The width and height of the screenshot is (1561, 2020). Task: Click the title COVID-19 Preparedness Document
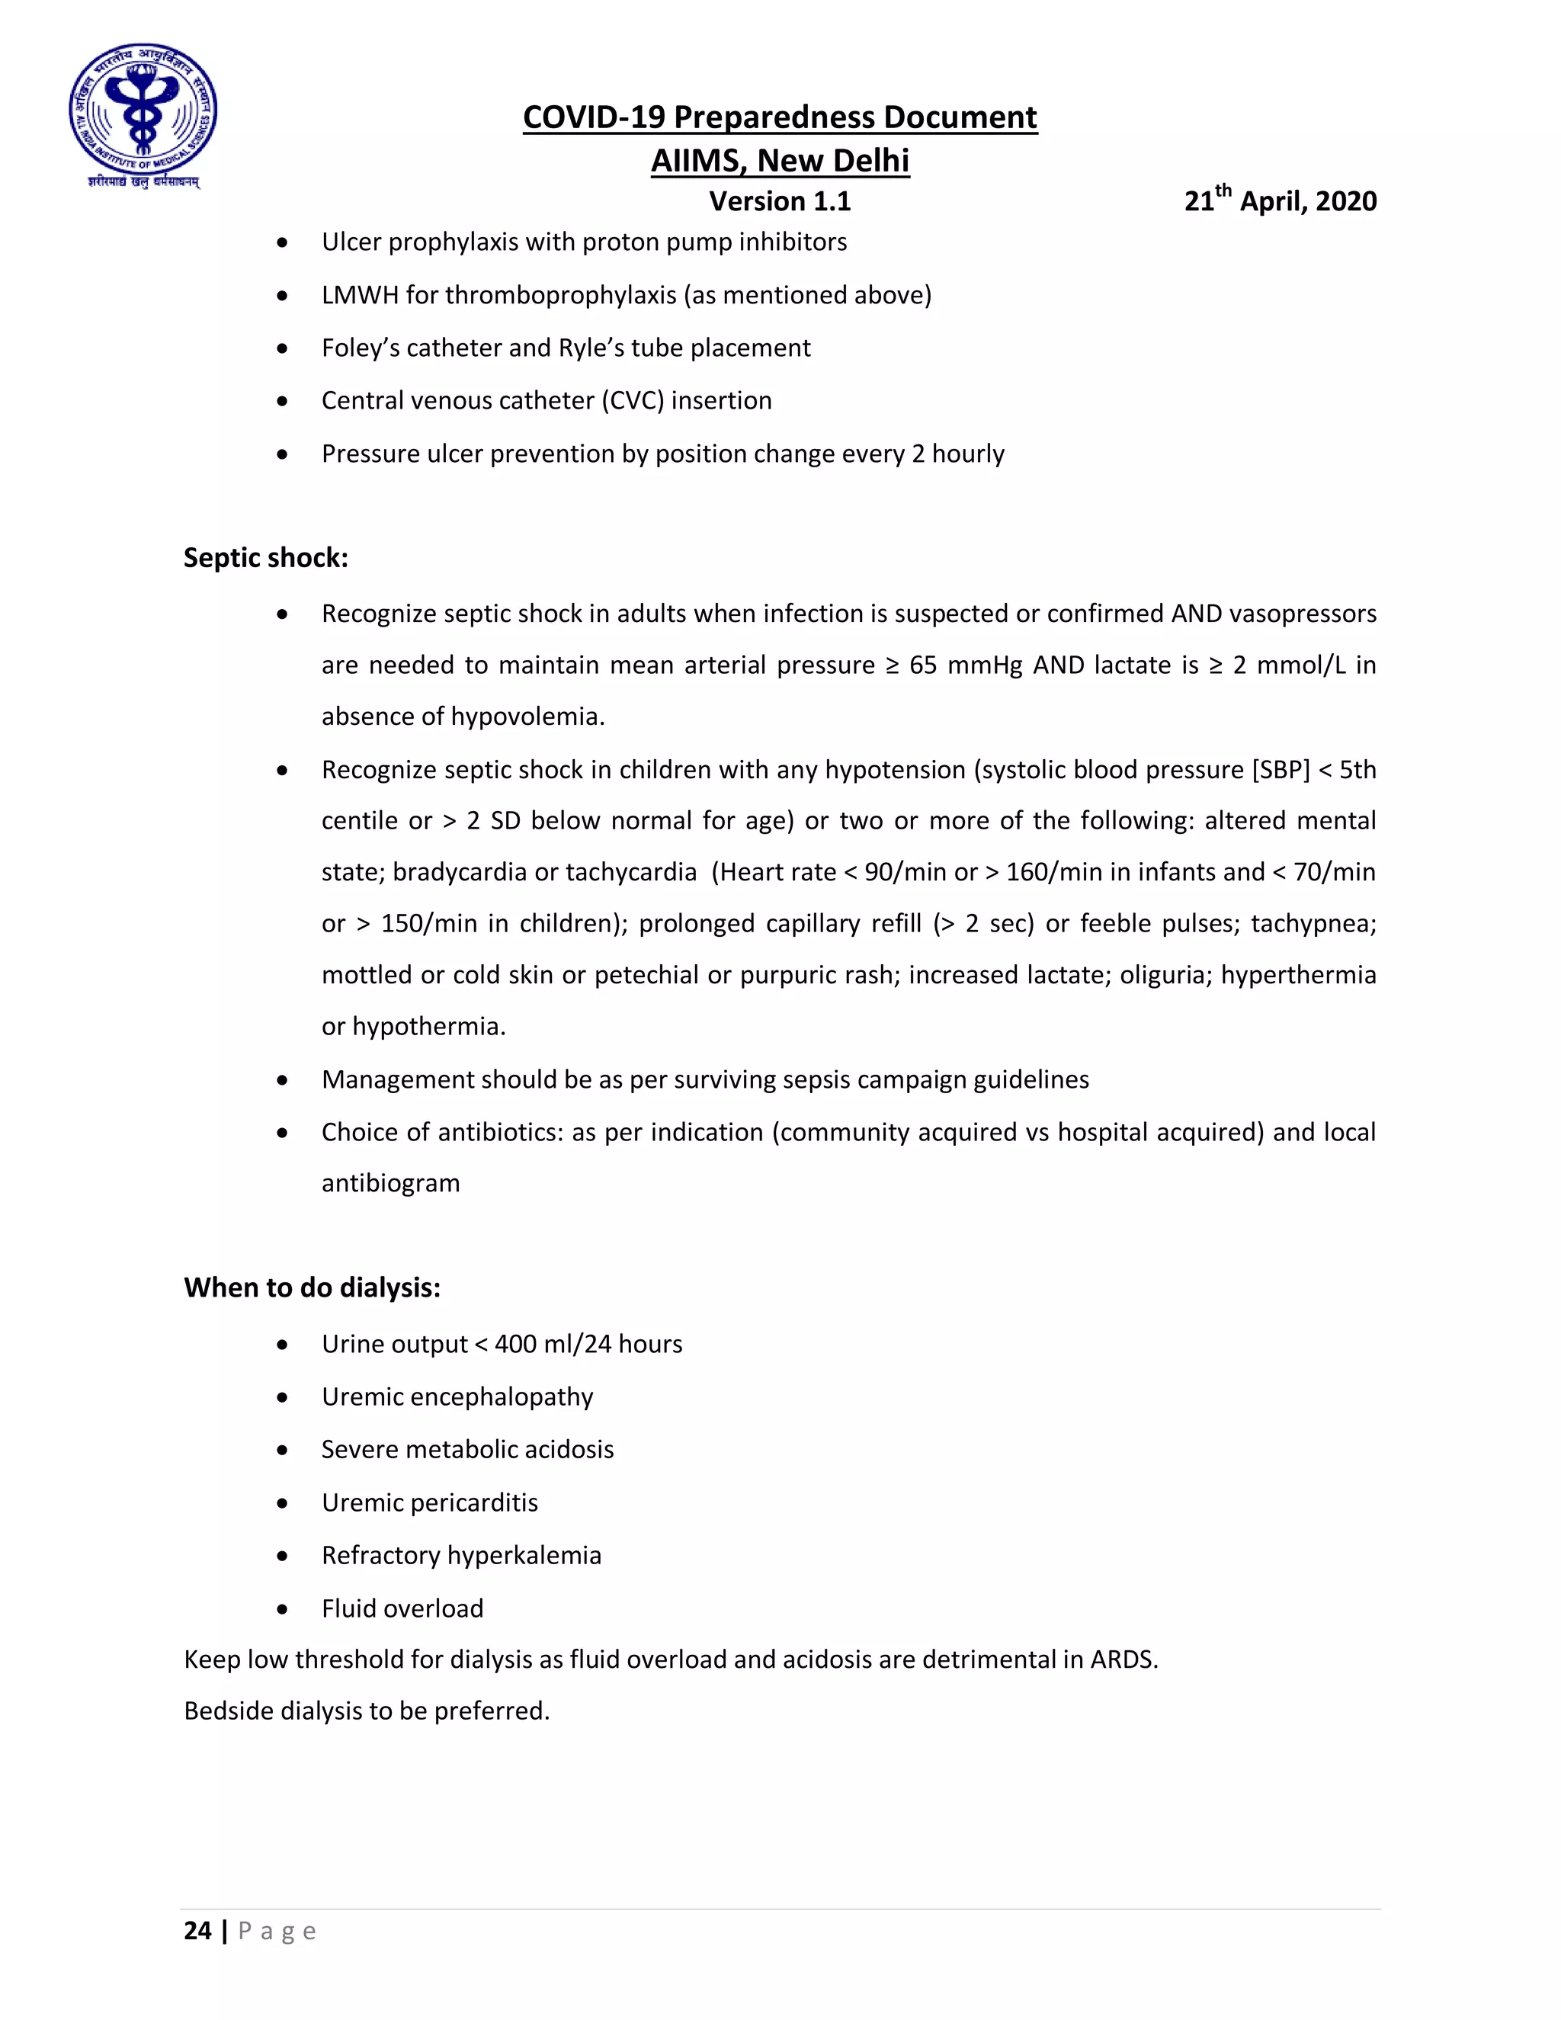[x=780, y=117]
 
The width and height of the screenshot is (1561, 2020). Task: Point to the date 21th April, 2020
[x=1280, y=200]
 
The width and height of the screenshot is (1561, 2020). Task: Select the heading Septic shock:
[x=265, y=558]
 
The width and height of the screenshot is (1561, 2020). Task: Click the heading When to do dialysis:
[x=312, y=1287]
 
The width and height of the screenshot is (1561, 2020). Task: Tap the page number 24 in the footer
[x=197, y=1932]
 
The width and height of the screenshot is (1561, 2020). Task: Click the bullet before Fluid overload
[x=282, y=1610]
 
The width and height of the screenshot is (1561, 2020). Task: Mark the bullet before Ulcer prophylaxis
[x=282, y=243]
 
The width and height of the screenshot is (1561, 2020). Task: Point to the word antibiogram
[x=390, y=1184]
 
